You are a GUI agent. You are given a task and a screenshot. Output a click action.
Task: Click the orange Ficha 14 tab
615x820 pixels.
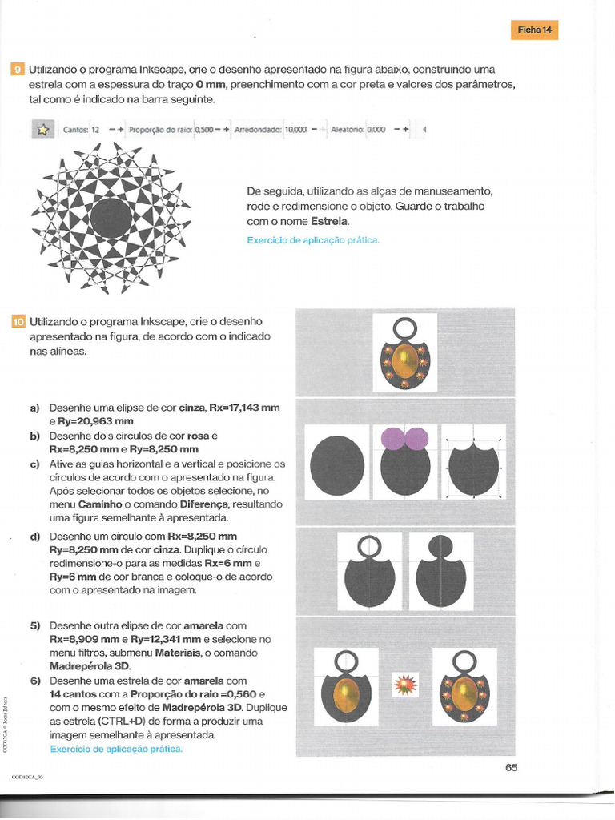pyautogui.click(x=534, y=30)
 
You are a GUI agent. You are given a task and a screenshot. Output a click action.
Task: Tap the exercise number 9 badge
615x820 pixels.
pyautogui.click(x=18, y=70)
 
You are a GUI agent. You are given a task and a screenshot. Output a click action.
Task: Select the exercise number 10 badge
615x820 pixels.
pyautogui.click(x=18, y=322)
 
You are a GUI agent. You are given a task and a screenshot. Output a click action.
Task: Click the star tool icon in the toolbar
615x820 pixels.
pyautogui.click(x=42, y=129)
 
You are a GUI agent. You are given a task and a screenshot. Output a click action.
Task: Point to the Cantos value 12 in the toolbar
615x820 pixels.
pyautogui.click(x=95, y=129)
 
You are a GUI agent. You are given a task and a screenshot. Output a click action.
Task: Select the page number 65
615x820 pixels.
pyautogui.click(x=512, y=767)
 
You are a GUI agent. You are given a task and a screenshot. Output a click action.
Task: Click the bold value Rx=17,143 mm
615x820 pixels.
pyautogui.click(x=245, y=408)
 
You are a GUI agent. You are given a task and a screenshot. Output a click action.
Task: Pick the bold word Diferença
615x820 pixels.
pyautogui.click(x=203, y=505)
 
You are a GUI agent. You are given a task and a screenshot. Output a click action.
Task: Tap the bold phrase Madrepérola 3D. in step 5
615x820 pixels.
pyautogui.click(x=90, y=666)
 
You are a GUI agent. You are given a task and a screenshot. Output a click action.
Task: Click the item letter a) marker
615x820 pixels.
pyautogui.click(x=34, y=408)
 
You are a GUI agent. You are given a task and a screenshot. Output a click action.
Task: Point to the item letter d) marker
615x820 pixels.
pyautogui.click(x=34, y=536)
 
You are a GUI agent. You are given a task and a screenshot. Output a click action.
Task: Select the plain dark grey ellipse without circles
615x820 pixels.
pyautogui.click(x=336, y=464)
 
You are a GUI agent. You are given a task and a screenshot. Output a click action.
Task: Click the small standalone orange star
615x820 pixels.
pyautogui.click(x=404, y=685)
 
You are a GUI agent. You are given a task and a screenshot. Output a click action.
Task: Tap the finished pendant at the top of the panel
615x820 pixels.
pyautogui.click(x=404, y=352)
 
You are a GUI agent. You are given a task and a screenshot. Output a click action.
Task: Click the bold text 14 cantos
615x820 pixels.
pyautogui.click(x=77, y=694)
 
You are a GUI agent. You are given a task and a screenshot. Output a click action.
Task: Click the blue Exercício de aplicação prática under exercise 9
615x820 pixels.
pyautogui.click(x=313, y=240)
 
